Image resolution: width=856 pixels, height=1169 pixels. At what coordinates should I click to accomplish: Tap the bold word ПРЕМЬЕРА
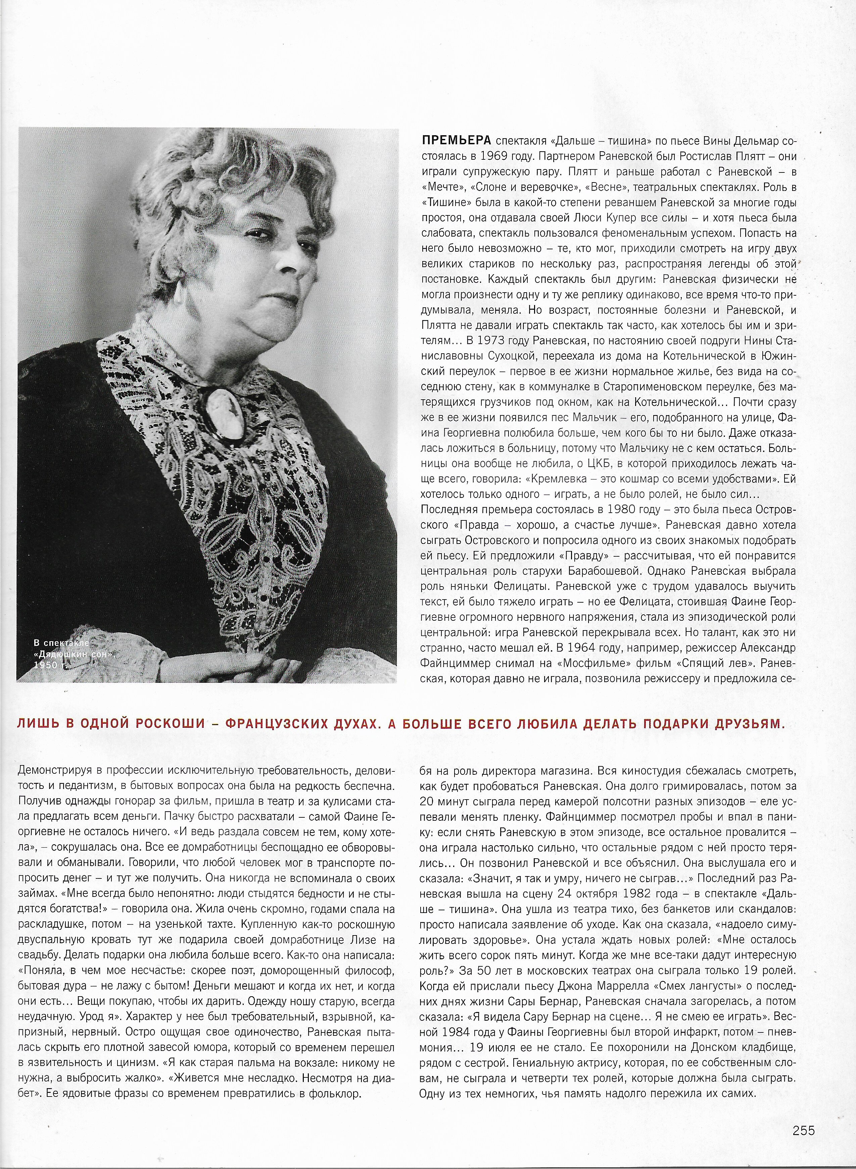(456, 141)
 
